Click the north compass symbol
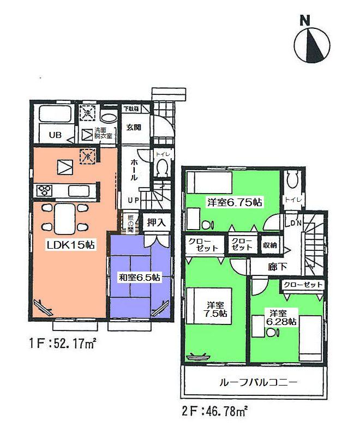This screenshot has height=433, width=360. [313, 44]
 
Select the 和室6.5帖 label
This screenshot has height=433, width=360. [140, 278]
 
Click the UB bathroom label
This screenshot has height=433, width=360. [56, 135]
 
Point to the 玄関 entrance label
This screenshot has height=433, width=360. [134, 128]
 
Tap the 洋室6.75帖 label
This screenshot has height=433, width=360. [235, 202]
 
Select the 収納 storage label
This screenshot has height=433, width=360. [270, 245]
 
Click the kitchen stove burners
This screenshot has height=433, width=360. [44, 190]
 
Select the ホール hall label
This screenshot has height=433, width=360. [134, 170]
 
